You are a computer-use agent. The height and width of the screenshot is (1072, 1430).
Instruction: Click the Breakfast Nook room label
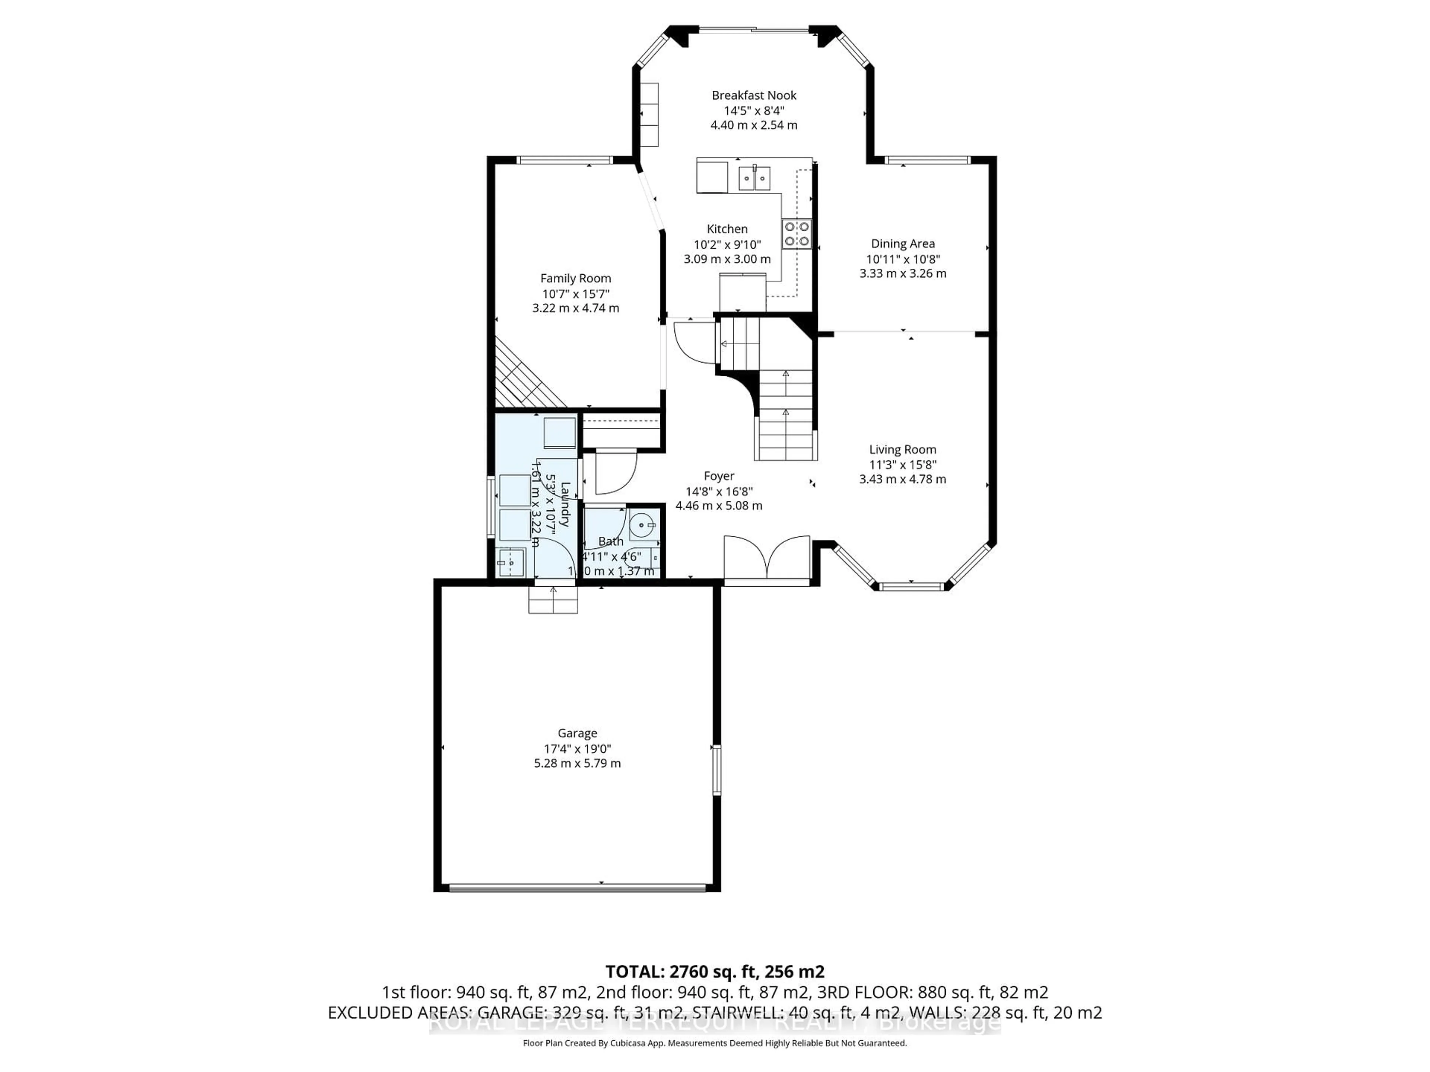[754, 95]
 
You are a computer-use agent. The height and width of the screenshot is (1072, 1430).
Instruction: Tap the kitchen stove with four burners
[797, 234]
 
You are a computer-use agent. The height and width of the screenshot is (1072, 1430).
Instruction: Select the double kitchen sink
[754, 178]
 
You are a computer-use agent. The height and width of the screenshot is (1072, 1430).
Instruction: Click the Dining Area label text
[902, 243]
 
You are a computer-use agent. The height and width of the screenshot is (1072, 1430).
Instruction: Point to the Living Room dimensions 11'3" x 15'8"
[902, 465]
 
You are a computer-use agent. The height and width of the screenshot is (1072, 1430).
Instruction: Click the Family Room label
[575, 278]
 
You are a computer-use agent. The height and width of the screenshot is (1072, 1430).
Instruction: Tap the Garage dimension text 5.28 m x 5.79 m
[577, 763]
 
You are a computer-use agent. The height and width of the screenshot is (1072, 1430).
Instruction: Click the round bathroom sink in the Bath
[642, 525]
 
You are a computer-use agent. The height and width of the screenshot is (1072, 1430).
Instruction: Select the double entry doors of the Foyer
[767, 558]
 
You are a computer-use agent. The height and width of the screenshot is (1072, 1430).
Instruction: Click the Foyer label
[719, 476]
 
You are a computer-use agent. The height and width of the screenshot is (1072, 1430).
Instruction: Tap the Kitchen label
[727, 229]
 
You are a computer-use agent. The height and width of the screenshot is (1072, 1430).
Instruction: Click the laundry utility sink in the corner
[511, 562]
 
